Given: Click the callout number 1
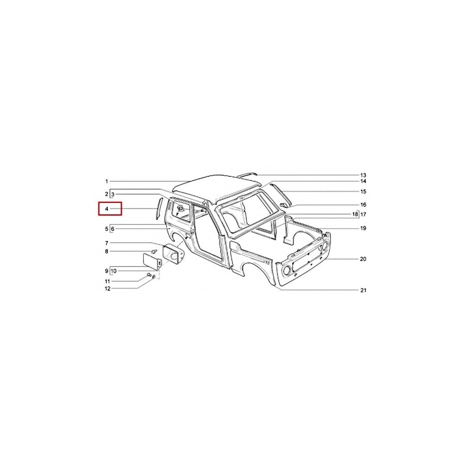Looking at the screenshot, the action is [106, 181].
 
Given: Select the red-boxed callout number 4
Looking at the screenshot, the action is [106, 209].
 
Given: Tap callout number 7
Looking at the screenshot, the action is [106, 243].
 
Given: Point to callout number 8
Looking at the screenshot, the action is [106, 251].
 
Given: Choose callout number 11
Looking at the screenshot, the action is [107, 282].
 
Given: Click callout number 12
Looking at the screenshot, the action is [107, 288].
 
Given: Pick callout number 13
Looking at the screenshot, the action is [363, 175].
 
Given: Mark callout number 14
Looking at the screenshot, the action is [363, 181].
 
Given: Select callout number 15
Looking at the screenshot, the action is [363, 192].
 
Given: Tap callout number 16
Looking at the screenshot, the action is [363, 205].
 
